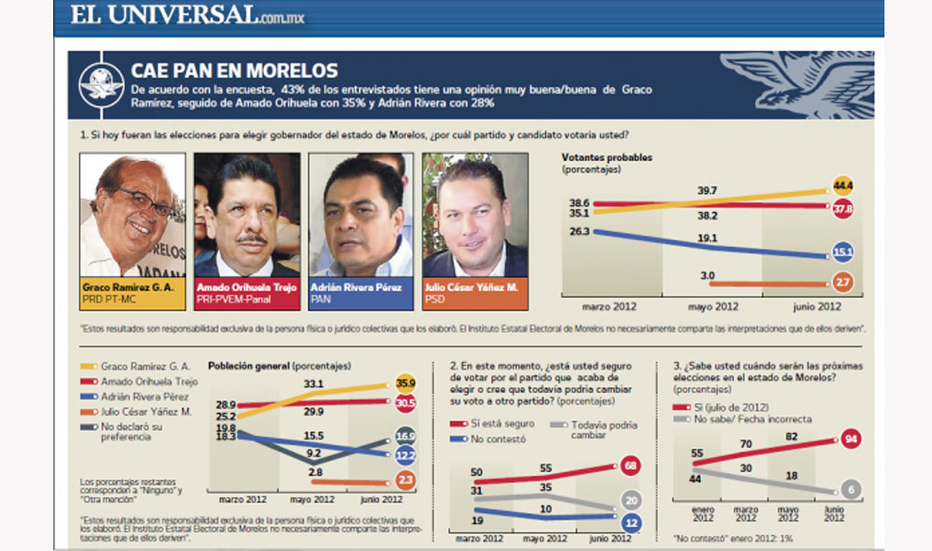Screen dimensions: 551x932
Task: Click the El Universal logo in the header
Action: tap(181, 16)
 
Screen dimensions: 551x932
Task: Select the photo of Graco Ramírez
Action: tap(131, 214)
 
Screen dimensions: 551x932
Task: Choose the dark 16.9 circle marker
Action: tap(405, 434)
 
